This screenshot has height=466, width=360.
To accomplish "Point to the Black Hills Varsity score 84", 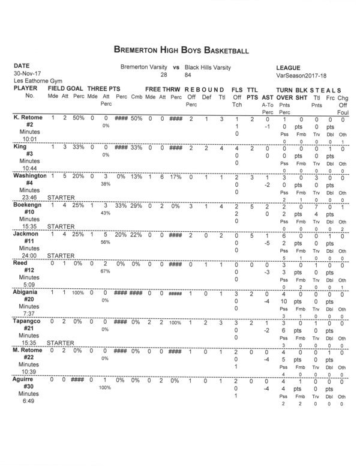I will [x=188, y=75].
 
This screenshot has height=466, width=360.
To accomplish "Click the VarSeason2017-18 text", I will [x=301, y=75].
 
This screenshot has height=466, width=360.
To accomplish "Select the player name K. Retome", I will [x=28, y=118].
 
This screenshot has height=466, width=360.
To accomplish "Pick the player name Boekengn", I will [x=28, y=206].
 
